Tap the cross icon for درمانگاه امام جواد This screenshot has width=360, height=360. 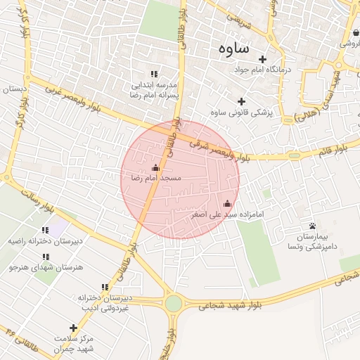point(264,59)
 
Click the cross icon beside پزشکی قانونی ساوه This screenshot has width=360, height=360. point(242,101)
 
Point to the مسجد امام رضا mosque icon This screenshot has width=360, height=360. point(155,167)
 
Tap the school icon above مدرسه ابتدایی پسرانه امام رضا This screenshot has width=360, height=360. point(154,74)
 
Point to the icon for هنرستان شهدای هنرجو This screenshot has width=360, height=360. point(46,257)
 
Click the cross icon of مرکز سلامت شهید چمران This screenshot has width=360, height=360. point(73,328)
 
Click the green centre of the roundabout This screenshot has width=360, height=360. point(173,304)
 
